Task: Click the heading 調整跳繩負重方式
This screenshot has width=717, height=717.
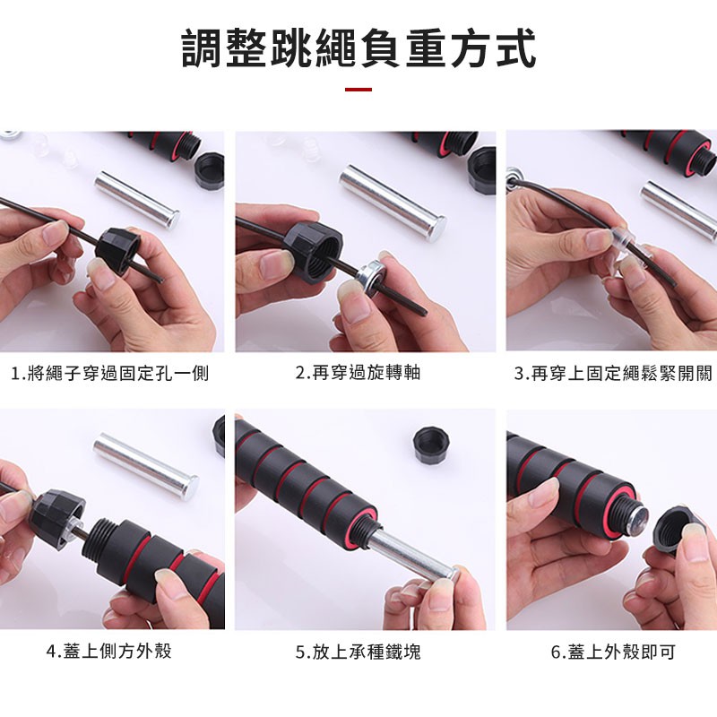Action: tap(358, 48)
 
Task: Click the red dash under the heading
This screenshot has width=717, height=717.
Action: tap(358, 89)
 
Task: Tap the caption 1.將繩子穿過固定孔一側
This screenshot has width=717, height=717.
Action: tap(109, 373)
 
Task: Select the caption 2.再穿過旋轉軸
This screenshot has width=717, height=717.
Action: tap(358, 373)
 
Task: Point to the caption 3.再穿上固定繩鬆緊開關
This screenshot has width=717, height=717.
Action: tap(613, 373)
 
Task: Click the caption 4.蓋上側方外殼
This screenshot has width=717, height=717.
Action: tap(109, 651)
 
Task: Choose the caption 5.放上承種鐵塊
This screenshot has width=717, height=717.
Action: tap(358, 652)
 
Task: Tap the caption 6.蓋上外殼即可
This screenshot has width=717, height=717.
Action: tap(613, 652)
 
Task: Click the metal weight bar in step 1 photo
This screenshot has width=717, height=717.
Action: tap(137, 199)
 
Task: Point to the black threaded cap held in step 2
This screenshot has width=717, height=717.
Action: tap(314, 250)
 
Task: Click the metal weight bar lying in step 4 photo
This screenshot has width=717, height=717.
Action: tap(146, 464)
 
